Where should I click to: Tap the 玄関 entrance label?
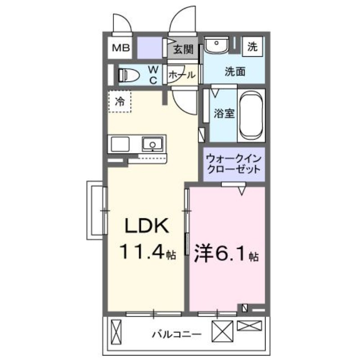point(184,49)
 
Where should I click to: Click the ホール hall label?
point(182,76)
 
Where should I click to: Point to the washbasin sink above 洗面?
point(216,45)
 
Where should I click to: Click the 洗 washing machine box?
point(253,46)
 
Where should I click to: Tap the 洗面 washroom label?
point(235,72)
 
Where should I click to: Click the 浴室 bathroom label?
point(224,113)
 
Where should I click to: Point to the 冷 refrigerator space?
point(120,102)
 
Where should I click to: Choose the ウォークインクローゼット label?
point(233,164)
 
